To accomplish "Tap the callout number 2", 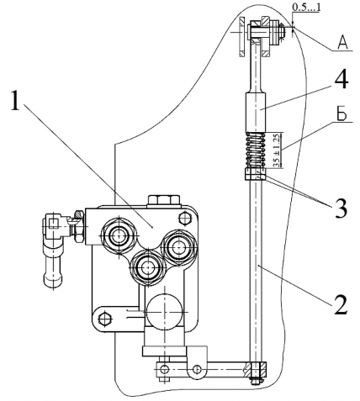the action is [341, 304].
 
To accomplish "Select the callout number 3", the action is [341, 208].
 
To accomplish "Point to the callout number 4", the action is [341, 80].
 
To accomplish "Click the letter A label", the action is [343, 43].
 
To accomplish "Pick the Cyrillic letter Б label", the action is [341, 114].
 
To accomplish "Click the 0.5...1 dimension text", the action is [306, 8].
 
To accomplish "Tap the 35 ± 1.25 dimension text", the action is [276, 150].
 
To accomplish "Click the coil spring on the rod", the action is [256, 150].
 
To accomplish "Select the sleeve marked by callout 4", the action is [256, 112].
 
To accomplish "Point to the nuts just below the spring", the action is [255, 174].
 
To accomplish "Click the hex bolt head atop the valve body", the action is [163, 201].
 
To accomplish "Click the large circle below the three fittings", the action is [164, 312].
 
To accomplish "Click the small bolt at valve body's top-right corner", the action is [185, 219].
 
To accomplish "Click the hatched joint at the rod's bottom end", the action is [256, 370].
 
